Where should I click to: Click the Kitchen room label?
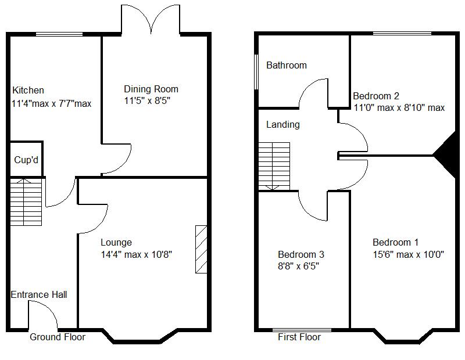[28, 91]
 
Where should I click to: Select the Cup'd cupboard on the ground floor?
[26, 159]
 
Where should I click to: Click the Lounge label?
[116, 243]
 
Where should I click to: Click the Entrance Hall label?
[39, 295]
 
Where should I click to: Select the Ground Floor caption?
[58, 337]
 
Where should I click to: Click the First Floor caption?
[299, 337]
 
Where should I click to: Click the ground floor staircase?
[26, 202]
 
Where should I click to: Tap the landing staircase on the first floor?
[274, 166]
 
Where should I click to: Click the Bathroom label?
[286, 66]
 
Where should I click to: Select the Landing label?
[282, 125]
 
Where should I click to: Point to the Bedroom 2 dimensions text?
[399, 107]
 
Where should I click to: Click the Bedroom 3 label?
[301, 254]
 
